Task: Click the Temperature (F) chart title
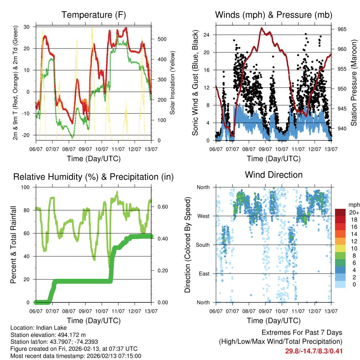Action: [94, 15]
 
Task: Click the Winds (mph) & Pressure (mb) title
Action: [274, 15]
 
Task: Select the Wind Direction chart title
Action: [274, 175]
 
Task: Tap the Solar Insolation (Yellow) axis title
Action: [173, 83]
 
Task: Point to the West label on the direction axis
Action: [204, 216]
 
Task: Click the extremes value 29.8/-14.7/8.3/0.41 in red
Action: [314, 351]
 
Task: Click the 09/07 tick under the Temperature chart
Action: [85, 144]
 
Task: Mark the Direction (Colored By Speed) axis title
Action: [187, 245]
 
